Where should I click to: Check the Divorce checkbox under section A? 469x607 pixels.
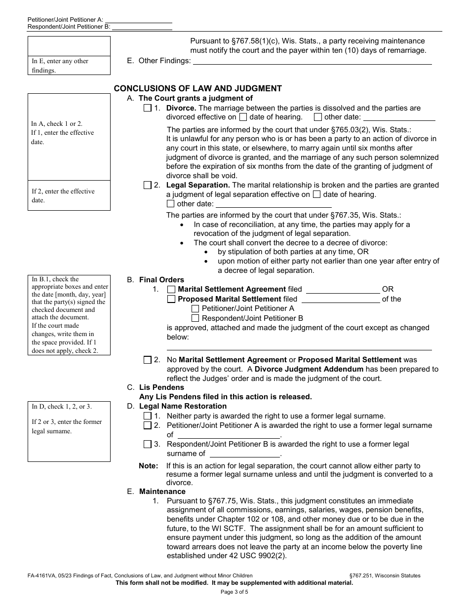tap(147, 108)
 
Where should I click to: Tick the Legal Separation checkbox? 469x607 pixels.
tap(147, 186)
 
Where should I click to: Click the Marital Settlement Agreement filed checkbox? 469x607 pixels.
tap(171, 290)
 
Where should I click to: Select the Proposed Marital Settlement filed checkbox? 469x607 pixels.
tap(171, 299)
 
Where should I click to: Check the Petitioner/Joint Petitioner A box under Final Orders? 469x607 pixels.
tap(195, 308)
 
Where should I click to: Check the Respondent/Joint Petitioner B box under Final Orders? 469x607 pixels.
tap(195, 318)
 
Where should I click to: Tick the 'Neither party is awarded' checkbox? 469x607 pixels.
tap(147, 416)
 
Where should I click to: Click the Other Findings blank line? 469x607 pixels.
tap(312, 61)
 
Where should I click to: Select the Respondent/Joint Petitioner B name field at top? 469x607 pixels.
tap(142, 27)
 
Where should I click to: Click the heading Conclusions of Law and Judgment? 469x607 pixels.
tap(197, 89)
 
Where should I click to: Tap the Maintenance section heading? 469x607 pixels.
tap(162, 492)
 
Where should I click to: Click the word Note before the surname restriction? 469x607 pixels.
tap(148, 466)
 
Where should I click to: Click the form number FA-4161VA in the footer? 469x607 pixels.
tap(42, 575)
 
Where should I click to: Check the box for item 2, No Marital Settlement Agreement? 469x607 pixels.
tap(147, 360)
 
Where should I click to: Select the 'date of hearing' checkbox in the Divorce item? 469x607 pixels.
tap(243, 117)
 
